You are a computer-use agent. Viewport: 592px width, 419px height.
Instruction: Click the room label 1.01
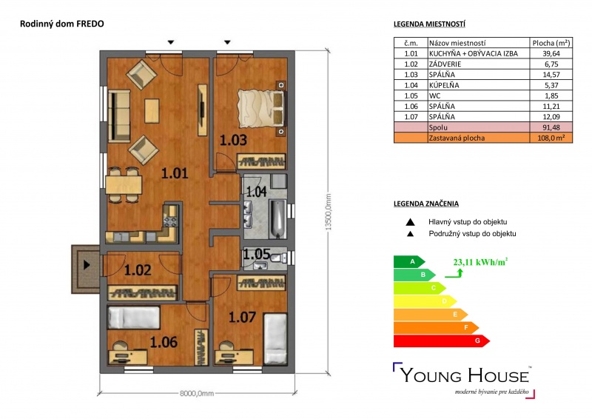[175, 173]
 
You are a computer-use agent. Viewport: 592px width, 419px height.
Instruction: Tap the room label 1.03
[233, 140]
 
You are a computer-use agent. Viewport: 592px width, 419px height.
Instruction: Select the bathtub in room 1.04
[278, 219]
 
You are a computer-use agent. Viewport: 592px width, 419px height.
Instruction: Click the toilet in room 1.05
[280, 258]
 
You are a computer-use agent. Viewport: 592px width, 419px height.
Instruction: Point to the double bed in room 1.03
[260, 108]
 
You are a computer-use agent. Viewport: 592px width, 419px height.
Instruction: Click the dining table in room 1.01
[124, 185]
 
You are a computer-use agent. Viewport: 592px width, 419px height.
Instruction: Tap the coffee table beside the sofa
[152, 110]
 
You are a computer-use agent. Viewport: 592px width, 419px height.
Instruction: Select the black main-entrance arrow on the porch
[87, 265]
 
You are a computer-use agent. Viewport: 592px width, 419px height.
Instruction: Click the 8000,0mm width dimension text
[197, 393]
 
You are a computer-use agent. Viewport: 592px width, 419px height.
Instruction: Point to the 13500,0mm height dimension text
[328, 212]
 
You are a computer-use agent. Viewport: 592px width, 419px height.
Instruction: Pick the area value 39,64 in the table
[551, 53]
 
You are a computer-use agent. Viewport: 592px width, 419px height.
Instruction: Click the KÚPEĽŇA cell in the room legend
[444, 85]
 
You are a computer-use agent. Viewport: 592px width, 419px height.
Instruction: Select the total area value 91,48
[551, 128]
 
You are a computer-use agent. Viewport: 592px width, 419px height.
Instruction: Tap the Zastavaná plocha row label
[457, 138]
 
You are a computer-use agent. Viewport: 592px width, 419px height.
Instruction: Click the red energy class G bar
[441, 341]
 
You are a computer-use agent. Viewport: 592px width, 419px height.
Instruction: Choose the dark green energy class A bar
[409, 261]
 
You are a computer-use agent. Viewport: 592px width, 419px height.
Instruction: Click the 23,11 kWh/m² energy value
[480, 262]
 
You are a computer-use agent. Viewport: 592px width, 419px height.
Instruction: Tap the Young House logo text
[465, 375]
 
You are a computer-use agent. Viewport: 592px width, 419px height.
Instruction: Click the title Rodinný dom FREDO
[62, 24]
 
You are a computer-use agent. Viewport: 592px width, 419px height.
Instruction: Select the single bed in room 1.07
[275, 339]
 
